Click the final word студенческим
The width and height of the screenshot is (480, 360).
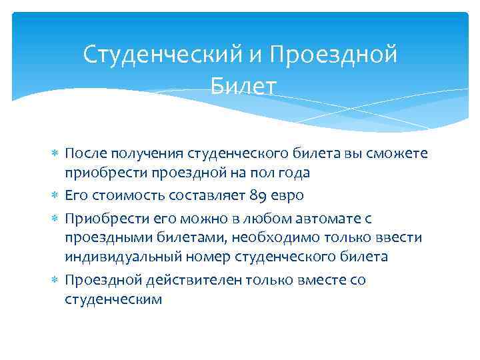tap(113, 300)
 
